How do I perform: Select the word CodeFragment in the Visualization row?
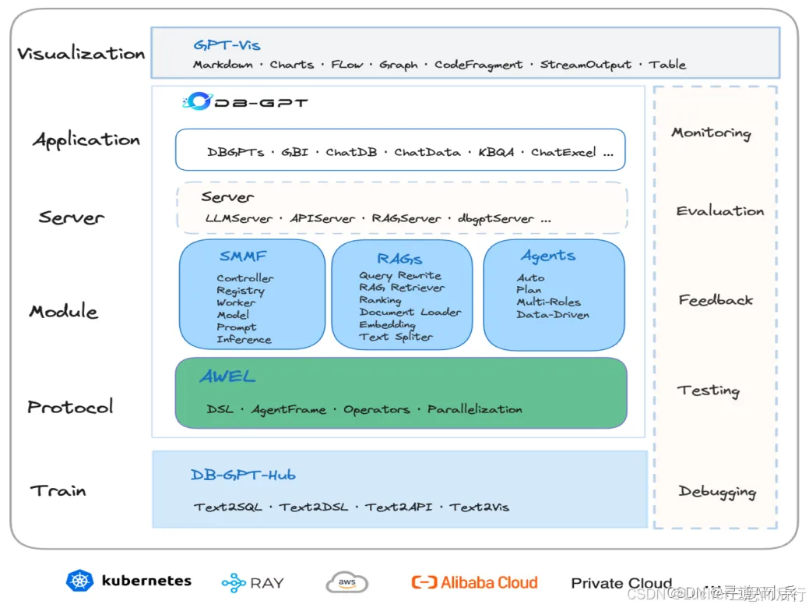[x=478, y=65]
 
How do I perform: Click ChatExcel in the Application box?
[x=564, y=152]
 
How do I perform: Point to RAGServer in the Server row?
[x=406, y=218]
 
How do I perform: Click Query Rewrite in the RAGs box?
[x=400, y=275]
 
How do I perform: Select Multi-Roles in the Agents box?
[x=548, y=302]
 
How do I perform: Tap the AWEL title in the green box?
[x=227, y=376]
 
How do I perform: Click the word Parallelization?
[x=474, y=409]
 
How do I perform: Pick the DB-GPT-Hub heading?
[x=243, y=475]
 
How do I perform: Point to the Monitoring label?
[x=711, y=133]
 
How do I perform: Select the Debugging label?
[x=717, y=491]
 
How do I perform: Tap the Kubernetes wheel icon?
[x=79, y=581]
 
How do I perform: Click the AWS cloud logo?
[x=346, y=582]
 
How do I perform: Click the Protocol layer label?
[x=70, y=406]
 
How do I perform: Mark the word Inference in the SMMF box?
[x=244, y=339]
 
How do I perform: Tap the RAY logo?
[x=253, y=582]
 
